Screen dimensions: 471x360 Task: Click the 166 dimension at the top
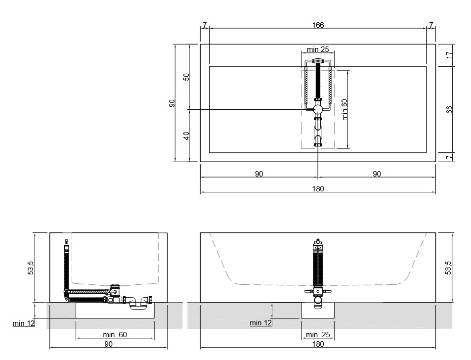(318, 25)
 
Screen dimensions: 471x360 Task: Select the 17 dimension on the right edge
(449, 55)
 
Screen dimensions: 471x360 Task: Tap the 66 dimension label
(449, 110)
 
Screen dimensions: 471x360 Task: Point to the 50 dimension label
(186, 77)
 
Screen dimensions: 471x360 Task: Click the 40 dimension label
(186, 136)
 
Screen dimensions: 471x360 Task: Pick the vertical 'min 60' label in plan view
(344, 110)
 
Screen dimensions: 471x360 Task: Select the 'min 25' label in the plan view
(318, 49)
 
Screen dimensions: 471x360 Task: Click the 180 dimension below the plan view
(318, 189)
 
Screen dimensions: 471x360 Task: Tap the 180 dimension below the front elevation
(318, 344)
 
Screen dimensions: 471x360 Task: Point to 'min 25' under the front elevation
(318, 334)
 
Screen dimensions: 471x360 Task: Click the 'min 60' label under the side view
(115, 334)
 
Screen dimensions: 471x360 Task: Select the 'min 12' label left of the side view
(24, 323)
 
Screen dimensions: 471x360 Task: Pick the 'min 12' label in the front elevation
(261, 323)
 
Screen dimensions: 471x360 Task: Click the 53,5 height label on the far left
(31, 268)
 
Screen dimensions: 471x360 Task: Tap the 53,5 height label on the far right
(448, 268)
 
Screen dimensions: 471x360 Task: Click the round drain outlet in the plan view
(318, 109)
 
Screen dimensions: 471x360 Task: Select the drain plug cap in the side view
(115, 285)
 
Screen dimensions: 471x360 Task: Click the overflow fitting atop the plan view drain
(317, 61)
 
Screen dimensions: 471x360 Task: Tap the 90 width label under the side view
(108, 344)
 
